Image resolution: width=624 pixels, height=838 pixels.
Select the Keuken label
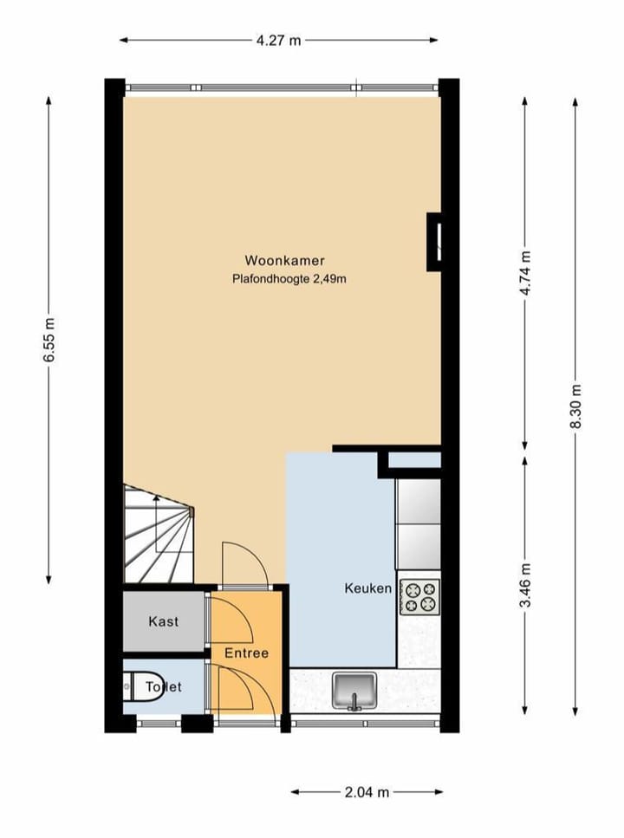(x=368, y=588)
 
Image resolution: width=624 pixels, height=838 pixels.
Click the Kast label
(x=164, y=621)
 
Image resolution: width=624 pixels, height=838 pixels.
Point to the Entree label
(x=247, y=653)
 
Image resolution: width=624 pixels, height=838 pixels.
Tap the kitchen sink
(x=354, y=692)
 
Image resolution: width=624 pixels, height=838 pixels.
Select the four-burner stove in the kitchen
(x=419, y=596)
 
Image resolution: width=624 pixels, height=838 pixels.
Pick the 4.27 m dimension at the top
(x=279, y=40)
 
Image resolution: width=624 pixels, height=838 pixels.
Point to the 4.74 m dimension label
(x=525, y=273)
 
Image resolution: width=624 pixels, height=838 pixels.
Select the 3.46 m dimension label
(x=525, y=586)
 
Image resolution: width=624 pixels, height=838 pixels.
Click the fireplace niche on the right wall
(x=436, y=239)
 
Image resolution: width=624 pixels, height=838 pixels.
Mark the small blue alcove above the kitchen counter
(x=414, y=460)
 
